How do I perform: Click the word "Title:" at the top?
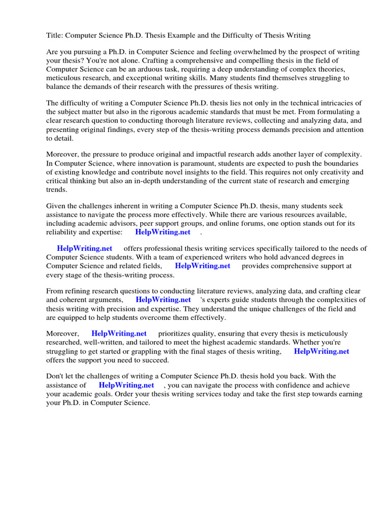[x=55, y=36]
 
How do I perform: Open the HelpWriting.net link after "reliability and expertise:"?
[x=162, y=232]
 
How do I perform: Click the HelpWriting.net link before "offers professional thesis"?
[x=84, y=249]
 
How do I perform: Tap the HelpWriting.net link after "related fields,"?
[x=202, y=266]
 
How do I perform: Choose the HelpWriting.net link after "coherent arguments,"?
[x=163, y=300]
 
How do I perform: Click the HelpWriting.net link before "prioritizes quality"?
[x=119, y=334]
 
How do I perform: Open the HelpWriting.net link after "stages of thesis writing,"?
[x=321, y=351]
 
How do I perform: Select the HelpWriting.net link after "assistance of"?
[x=126, y=385]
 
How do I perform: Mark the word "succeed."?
[x=154, y=360]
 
